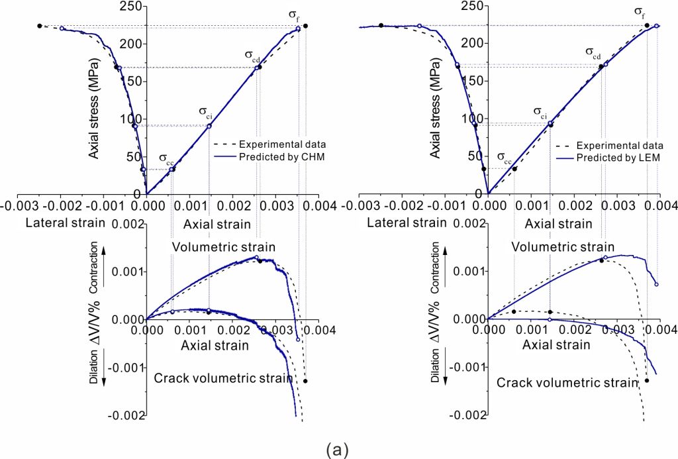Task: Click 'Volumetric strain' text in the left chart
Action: pos(223,247)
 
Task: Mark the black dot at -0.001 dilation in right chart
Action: pos(646,380)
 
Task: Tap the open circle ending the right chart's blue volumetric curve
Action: pos(656,284)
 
